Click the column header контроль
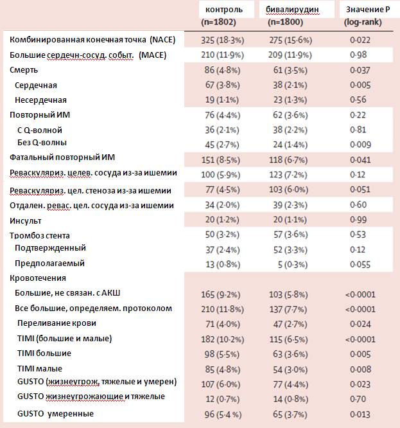(x=224, y=10)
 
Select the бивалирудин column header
(x=292, y=10)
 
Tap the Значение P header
(x=368, y=10)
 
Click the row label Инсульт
(x=25, y=220)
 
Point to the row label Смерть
(x=24, y=70)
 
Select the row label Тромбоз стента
(x=40, y=235)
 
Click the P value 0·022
(x=360, y=40)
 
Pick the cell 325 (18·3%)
(x=223, y=40)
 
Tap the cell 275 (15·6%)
(x=291, y=40)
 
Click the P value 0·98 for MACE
(x=358, y=55)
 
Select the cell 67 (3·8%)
(x=223, y=85)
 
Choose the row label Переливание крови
(x=57, y=323)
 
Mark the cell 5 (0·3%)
(x=293, y=265)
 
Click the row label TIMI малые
(x=40, y=368)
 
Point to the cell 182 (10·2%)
(x=223, y=339)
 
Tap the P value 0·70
(x=358, y=399)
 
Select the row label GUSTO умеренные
(x=55, y=414)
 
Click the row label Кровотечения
(x=38, y=278)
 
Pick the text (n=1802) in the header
(x=218, y=22)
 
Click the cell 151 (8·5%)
(x=221, y=159)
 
